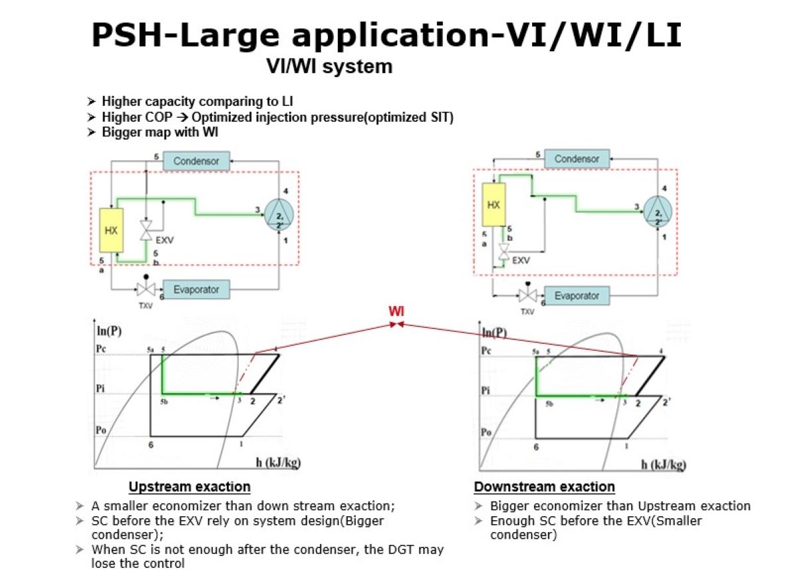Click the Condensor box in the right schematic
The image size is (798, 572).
tap(577, 160)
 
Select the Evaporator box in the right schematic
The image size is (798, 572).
tap(576, 295)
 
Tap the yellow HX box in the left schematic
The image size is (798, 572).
tap(110, 231)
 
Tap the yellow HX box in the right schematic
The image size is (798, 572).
tap(493, 206)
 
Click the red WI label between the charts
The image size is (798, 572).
tap(397, 311)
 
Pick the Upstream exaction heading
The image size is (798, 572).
tap(190, 486)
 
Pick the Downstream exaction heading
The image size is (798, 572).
tap(544, 486)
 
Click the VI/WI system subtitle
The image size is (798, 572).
tap(329, 67)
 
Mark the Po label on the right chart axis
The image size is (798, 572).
tap(486, 432)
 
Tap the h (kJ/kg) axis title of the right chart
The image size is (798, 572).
tap(663, 464)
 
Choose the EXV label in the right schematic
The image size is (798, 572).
tap(521, 260)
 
